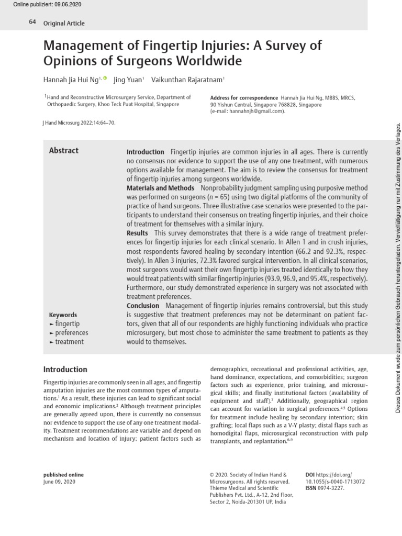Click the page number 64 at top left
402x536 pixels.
pos(32,23)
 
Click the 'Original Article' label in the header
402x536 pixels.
pos(64,23)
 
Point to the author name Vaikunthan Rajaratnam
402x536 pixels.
pos(187,80)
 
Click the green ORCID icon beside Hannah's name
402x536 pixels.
pos(105,79)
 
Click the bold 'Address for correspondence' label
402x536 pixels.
pos(244,98)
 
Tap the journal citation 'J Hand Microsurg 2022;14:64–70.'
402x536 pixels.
pos(78,123)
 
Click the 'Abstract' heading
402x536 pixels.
pos(64,151)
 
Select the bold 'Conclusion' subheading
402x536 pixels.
pos(143,306)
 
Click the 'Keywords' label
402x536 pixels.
pos(63,315)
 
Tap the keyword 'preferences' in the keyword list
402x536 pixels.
pos(72,333)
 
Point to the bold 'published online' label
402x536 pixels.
pos(63,475)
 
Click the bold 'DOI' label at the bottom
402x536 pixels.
pos(310,475)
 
